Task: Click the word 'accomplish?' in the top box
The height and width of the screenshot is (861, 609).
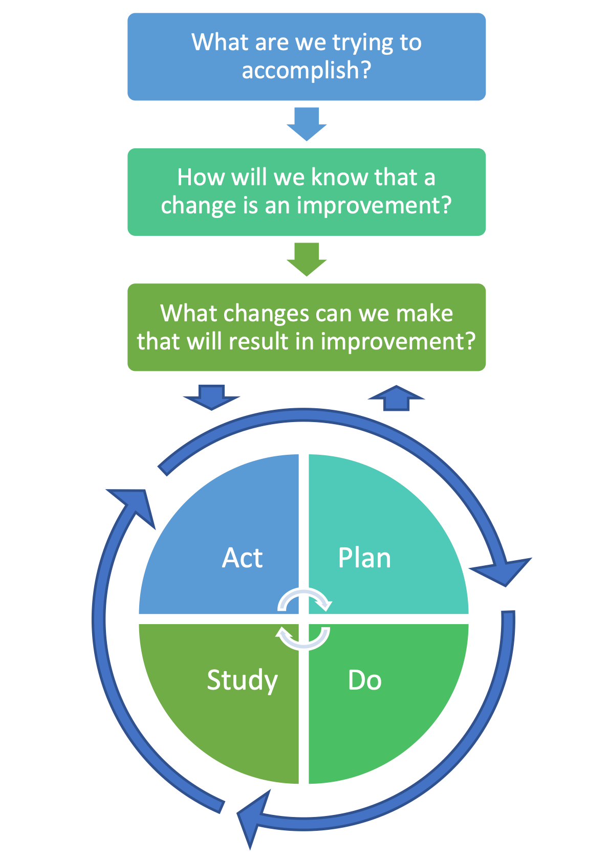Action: pos(306,70)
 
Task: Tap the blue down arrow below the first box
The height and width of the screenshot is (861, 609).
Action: pos(307,123)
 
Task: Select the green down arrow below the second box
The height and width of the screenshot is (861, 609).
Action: pos(307,259)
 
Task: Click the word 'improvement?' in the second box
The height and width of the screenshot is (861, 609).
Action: pos(374,205)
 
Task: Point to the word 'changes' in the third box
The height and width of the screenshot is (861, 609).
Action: pos(266,313)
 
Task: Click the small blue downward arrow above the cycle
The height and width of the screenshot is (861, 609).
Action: pos(211,396)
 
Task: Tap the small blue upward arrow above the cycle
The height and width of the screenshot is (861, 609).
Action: pos(397,398)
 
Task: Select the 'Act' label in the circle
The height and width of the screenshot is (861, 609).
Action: pos(242,557)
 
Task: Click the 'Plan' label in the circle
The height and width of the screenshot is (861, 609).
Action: pos(364,558)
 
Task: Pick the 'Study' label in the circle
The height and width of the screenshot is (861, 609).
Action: pos(242,680)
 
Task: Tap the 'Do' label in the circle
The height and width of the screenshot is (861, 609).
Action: pos(364,680)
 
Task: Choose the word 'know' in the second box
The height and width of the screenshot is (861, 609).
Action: pos(339,178)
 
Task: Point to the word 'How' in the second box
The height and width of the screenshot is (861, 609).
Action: pos(201,178)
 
